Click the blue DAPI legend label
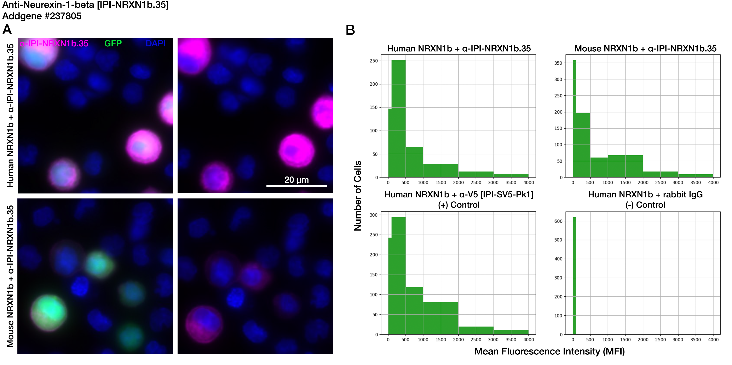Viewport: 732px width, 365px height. pos(155,44)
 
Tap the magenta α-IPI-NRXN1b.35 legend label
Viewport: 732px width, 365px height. pos(54,44)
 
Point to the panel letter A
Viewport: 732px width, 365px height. pos(7,30)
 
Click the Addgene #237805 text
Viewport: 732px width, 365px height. pos(42,16)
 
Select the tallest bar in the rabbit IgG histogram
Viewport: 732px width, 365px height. pos(574,276)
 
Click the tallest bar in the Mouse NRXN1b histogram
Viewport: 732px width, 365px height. pos(574,119)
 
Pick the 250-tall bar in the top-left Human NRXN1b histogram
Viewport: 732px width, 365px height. pos(398,119)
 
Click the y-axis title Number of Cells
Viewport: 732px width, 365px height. pos(357,196)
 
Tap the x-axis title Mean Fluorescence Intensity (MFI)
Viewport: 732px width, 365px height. pos(549,351)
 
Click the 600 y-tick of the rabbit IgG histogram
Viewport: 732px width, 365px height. pos(558,221)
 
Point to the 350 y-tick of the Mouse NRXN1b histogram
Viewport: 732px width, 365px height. pos(558,63)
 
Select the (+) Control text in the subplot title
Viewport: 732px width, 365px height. pos(459,205)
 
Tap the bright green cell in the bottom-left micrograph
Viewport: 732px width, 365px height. pos(49,312)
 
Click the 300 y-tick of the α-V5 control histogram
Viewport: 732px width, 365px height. pos(373,215)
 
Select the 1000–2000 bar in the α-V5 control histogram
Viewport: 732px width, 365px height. pos(440,318)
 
